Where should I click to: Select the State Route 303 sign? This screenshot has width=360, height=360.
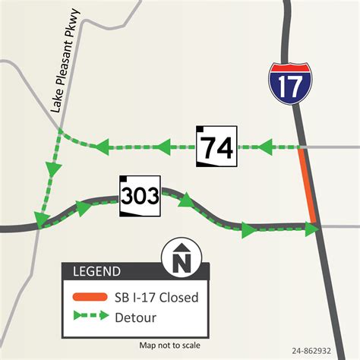click(139, 197)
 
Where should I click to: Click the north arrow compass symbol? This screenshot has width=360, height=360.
click(180, 258)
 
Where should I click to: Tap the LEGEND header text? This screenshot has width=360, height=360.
click(96, 271)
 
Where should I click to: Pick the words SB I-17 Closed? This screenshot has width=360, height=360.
click(156, 297)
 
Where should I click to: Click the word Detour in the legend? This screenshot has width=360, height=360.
click(137, 314)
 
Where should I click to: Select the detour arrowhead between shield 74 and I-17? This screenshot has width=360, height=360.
click(266, 146)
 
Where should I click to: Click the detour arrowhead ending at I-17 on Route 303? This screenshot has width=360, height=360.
click(312, 225)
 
